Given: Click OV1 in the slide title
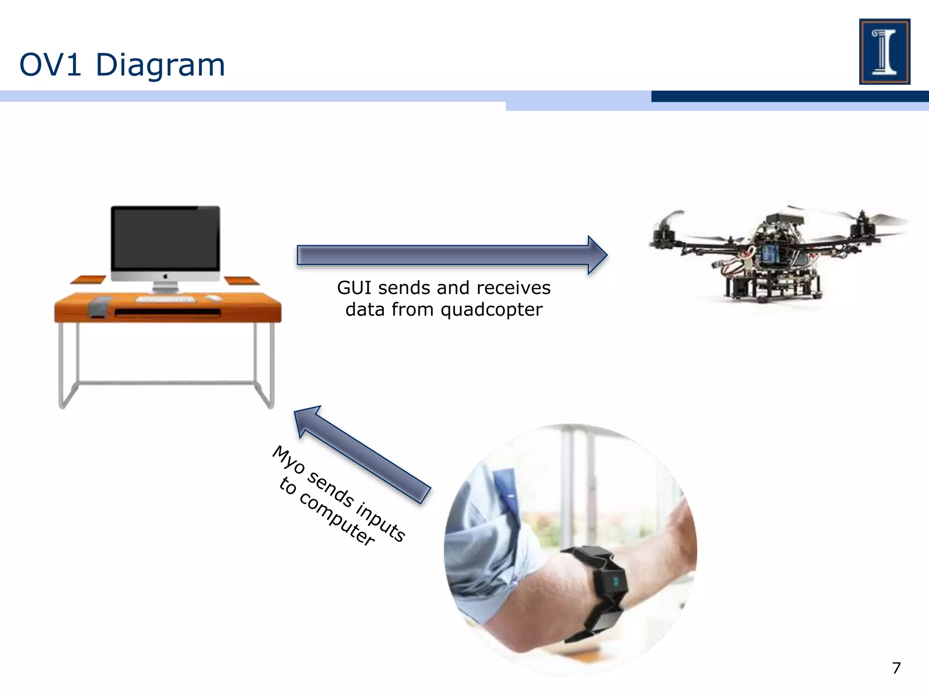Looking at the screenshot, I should (50, 65).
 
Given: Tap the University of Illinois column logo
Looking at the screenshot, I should (884, 51).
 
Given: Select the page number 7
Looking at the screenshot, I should (896, 668).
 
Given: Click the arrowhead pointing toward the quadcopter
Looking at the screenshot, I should (597, 255).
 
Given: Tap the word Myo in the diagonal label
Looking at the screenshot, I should (288, 459).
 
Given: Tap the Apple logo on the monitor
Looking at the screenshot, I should (166, 276).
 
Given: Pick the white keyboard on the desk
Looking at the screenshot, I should (166, 299).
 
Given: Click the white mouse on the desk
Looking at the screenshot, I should (213, 298).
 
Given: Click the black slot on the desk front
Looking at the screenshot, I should (167, 313).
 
